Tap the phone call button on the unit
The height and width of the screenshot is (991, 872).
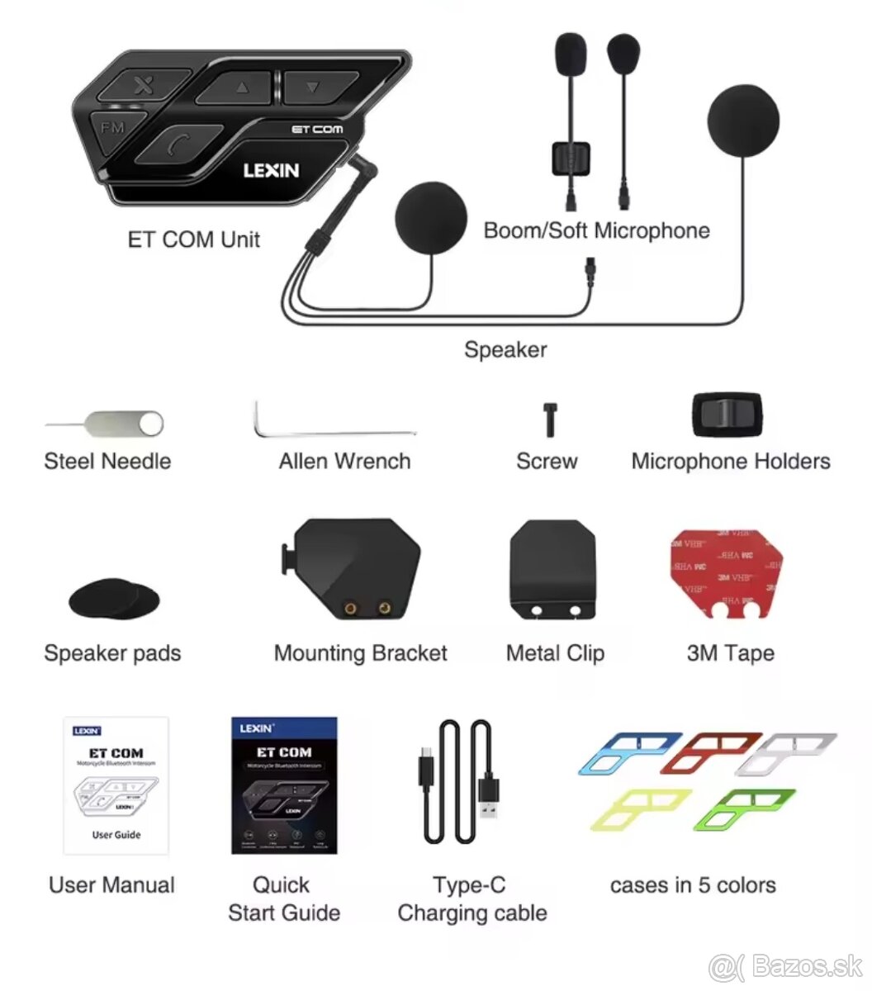tap(177, 144)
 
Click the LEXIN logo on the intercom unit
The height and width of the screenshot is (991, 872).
tap(271, 170)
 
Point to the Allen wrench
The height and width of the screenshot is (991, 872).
tap(330, 429)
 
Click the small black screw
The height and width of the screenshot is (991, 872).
tap(549, 419)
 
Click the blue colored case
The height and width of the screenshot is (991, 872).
tap(629, 752)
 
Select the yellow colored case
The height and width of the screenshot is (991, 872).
tap(640, 808)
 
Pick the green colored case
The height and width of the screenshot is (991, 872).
tap(746, 808)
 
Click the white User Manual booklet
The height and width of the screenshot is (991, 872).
tap(116, 785)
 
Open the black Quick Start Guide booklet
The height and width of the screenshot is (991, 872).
tap(284, 785)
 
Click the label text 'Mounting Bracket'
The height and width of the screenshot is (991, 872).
tap(360, 653)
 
